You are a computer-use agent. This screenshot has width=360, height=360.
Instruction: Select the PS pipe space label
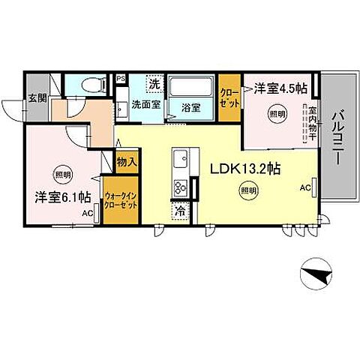[x=120, y=77]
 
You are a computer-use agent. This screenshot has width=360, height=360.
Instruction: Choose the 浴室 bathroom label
[x=190, y=107]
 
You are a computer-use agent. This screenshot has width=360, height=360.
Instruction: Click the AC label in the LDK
[x=305, y=187]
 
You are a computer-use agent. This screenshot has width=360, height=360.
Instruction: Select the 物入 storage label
[x=126, y=160]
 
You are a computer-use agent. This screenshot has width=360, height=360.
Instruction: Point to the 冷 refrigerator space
[x=180, y=211]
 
